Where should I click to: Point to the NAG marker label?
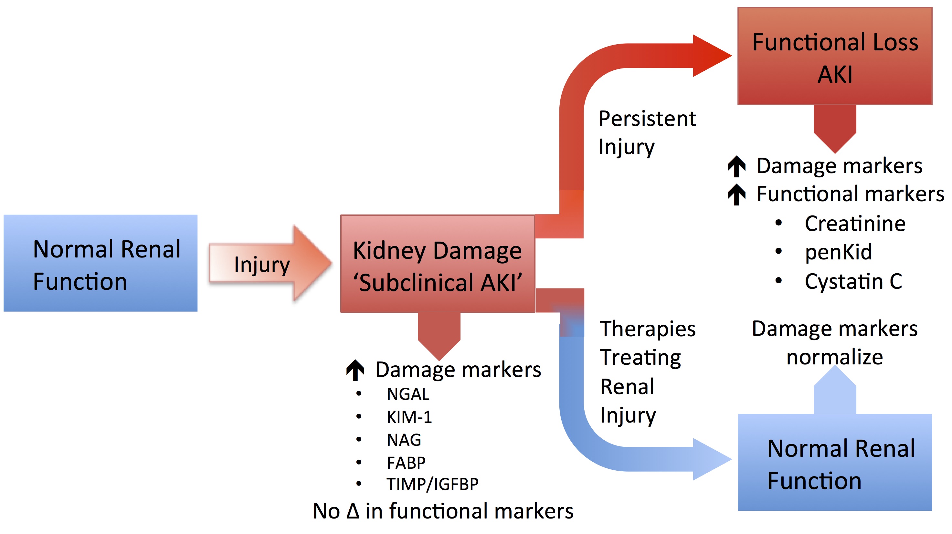click(x=404, y=440)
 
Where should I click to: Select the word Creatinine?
click(x=855, y=224)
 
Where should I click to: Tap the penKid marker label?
click(x=839, y=252)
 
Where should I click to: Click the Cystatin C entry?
click(x=853, y=282)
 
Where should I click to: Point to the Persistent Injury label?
click(x=647, y=132)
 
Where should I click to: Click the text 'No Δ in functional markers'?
click(x=443, y=511)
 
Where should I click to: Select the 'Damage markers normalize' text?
click(x=834, y=343)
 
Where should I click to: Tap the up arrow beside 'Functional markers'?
click(x=736, y=194)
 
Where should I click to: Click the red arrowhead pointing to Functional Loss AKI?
click(x=711, y=56)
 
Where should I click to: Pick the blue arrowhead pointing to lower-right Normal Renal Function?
click(x=711, y=459)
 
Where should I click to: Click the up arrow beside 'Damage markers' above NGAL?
click(x=355, y=370)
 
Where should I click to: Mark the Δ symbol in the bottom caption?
click(x=353, y=511)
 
